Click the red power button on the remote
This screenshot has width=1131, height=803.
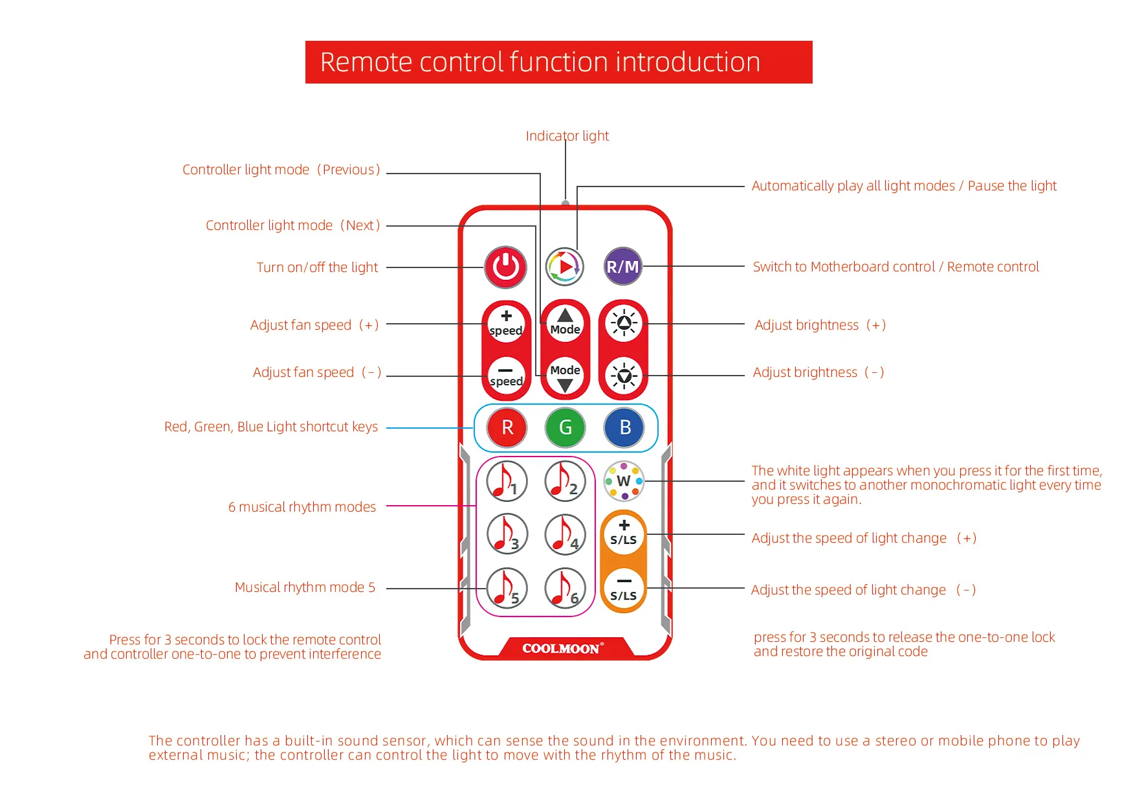[x=506, y=267]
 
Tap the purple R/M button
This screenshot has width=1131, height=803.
[x=623, y=266]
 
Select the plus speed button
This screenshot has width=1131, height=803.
[x=506, y=322]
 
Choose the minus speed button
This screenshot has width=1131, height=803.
[x=506, y=376]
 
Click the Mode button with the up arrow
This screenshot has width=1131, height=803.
[x=565, y=322]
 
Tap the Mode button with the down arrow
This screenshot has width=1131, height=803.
[x=565, y=376]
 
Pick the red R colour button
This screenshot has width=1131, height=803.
[x=507, y=427]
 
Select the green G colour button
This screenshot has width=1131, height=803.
[x=565, y=427]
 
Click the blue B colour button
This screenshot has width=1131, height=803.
[x=624, y=427]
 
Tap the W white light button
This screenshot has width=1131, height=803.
[x=624, y=481]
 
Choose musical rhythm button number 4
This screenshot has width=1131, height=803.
[x=565, y=535]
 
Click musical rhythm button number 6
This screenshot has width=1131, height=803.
[x=565, y=589]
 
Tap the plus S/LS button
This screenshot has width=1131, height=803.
[x=624, y=533]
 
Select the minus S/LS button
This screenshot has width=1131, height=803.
[x=624, y=589]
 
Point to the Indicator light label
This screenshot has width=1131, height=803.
[x=567, y=136]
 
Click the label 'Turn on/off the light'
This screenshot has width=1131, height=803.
[x=317, y=267]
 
